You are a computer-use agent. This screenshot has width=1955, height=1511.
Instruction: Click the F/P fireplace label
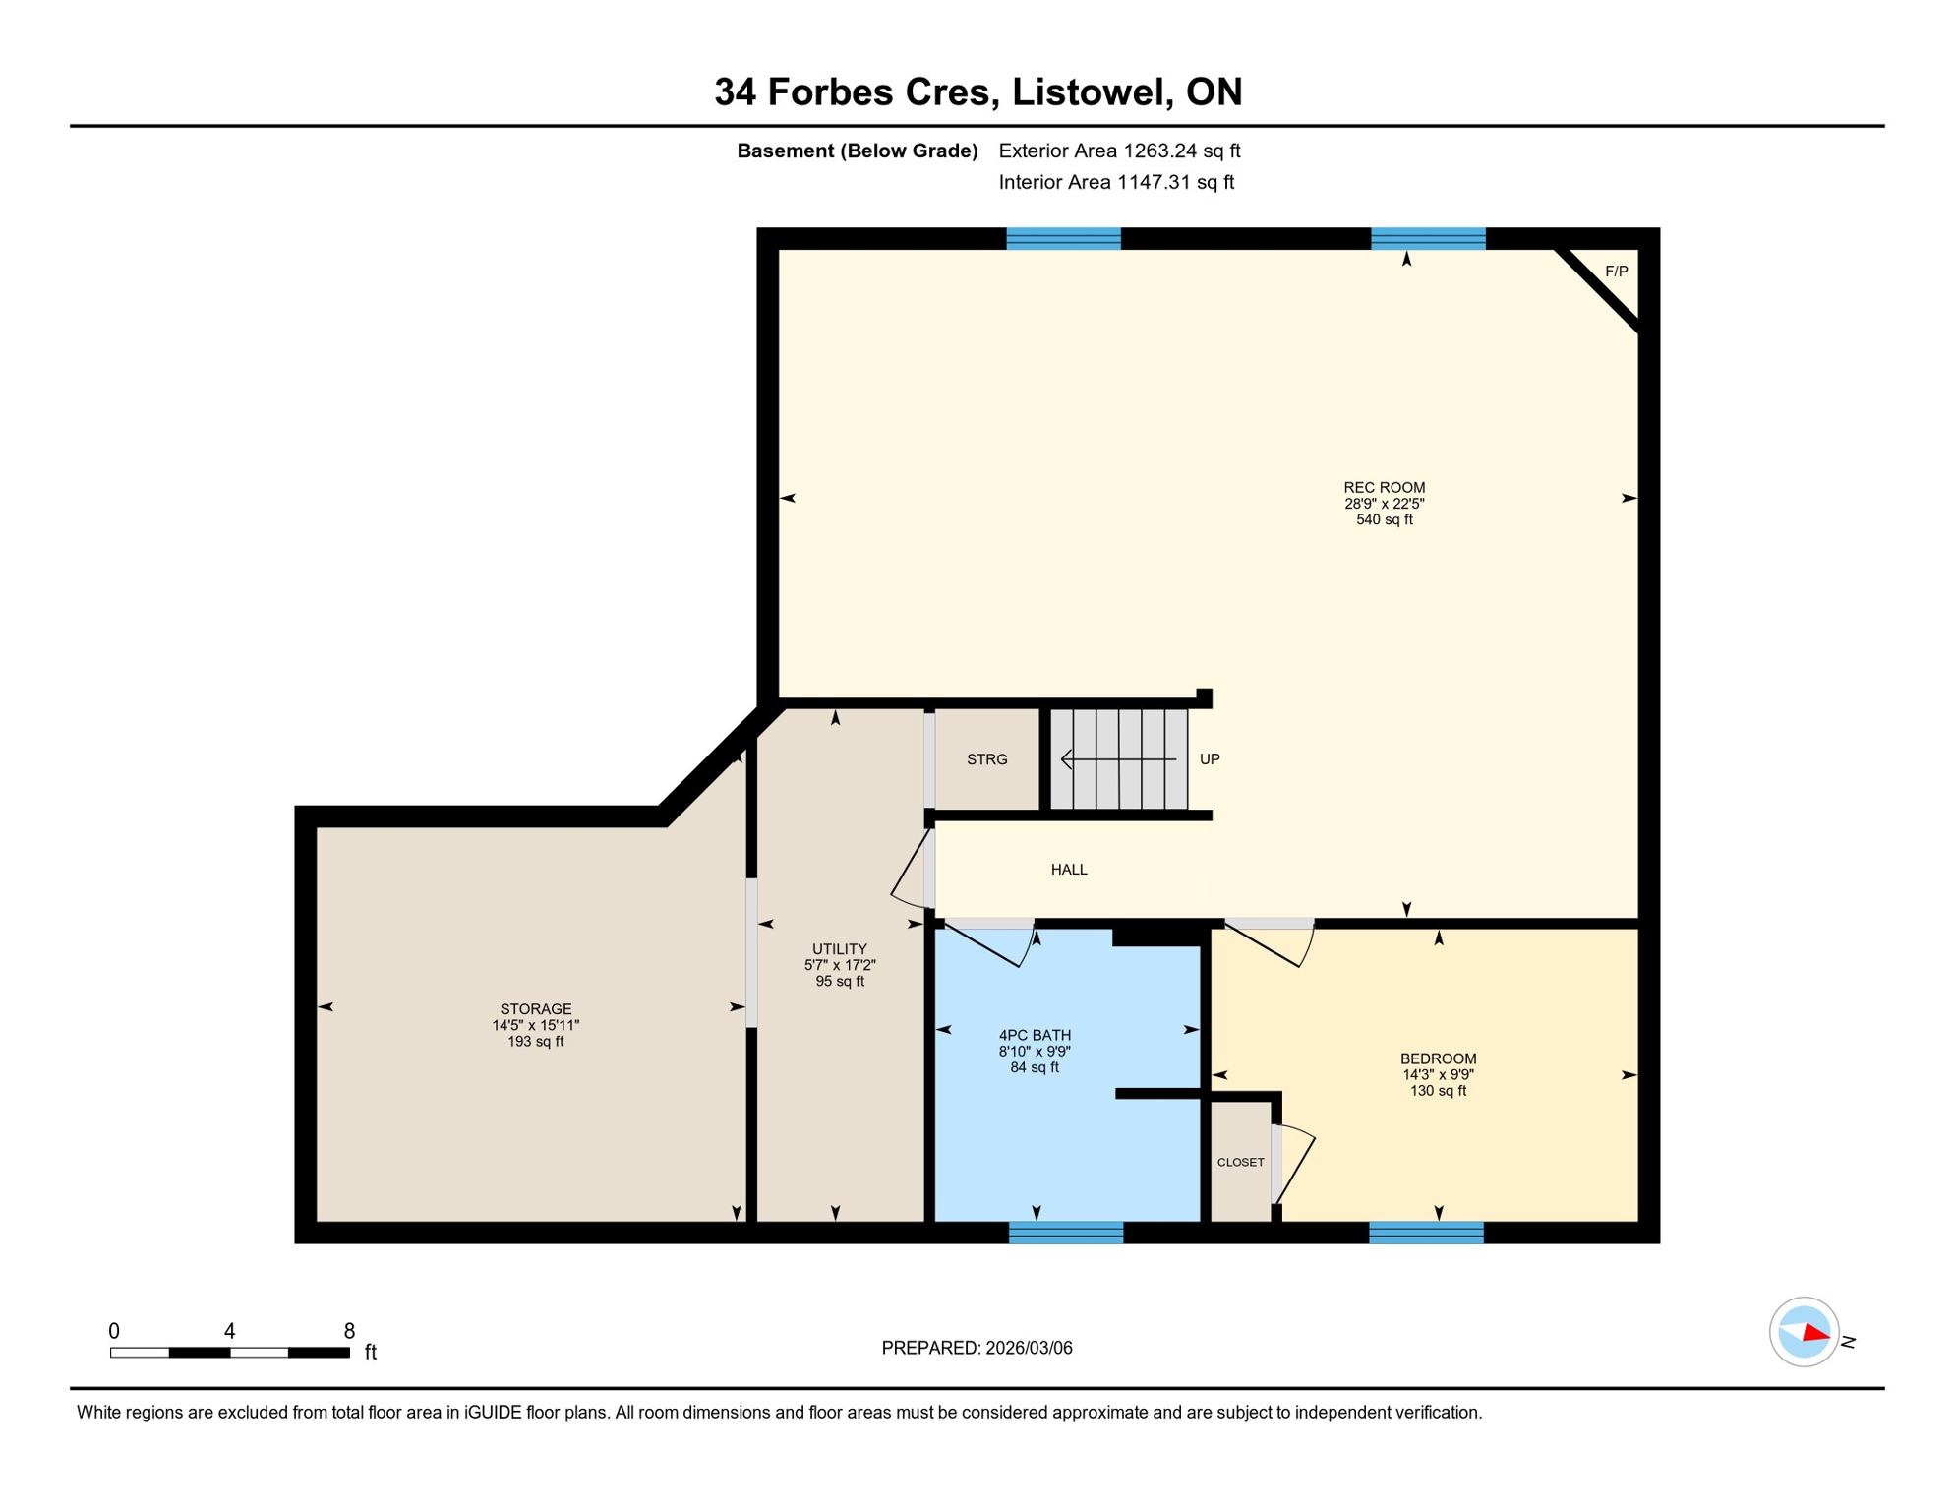(1616, 272)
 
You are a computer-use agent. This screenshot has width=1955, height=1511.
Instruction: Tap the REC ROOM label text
(1384, 487)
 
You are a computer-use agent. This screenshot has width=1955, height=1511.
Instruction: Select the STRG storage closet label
(986, 759)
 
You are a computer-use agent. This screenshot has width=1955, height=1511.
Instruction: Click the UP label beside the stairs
(1210, 759)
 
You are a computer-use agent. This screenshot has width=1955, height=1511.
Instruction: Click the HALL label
(1069, 870)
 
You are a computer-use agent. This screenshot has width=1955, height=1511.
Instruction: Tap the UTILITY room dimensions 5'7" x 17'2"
(839, 966)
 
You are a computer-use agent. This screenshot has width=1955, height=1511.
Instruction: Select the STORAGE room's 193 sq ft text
(535, 1042)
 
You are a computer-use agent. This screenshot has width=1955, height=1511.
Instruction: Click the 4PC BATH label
(1035, 1035)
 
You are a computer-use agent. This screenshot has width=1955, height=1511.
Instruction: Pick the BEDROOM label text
(1438, 1058)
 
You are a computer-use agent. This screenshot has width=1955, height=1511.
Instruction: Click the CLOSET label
(1240, 1163)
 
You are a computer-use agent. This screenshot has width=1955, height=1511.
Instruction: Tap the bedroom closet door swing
(1295, 1164)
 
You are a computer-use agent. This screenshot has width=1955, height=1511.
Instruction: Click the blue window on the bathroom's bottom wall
(1066, 1233)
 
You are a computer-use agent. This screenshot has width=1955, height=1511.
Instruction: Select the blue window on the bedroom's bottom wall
(1426, 1233)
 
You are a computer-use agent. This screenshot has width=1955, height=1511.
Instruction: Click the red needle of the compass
(1815, 1334)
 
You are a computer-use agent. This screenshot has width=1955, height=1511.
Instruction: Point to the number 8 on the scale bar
(349, 1331)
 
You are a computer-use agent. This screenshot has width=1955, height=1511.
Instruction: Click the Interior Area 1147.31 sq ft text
(1116, 182)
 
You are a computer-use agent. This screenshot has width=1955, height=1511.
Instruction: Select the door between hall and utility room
(913, 871)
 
